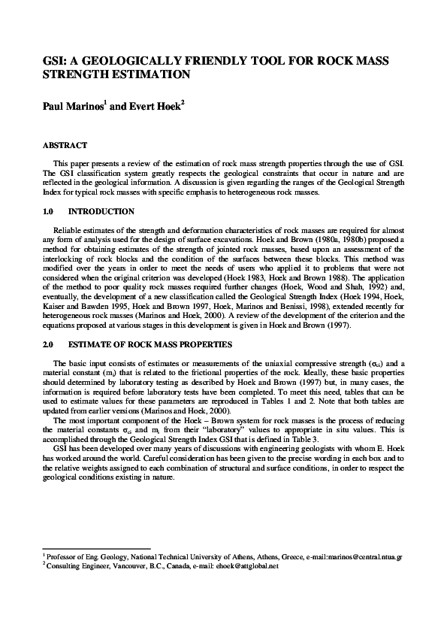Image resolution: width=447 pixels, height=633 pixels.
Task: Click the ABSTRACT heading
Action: pyautogui.click(x=65, y=145)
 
